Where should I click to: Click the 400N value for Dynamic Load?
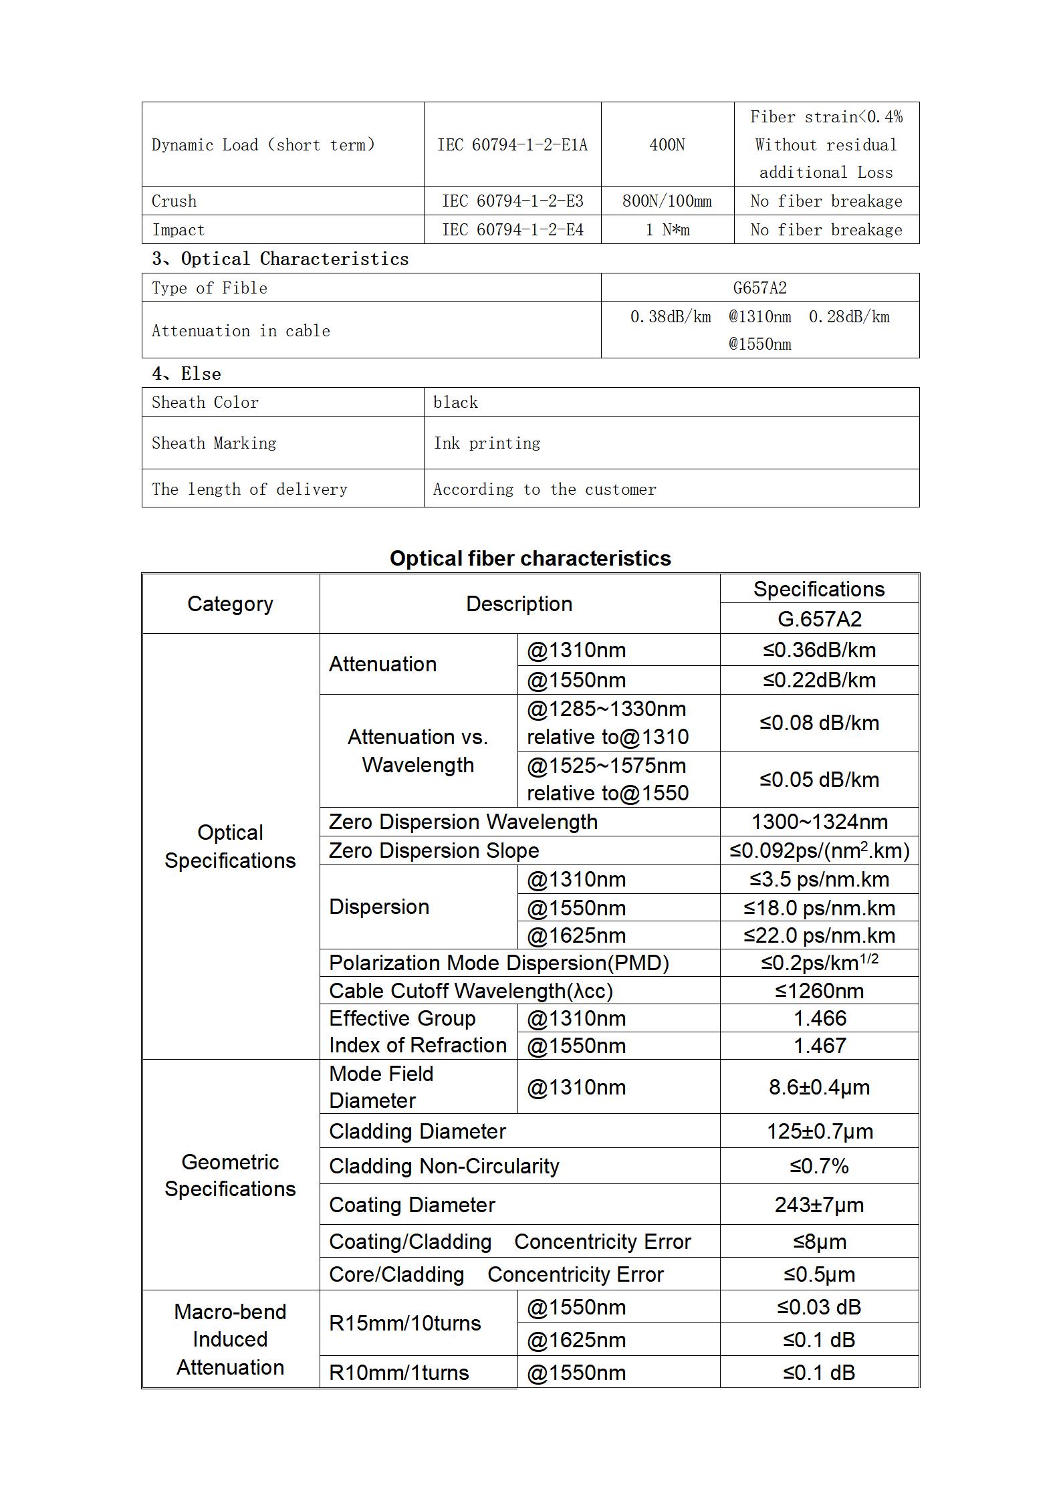pos(667,145)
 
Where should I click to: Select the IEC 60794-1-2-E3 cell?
pos(512,201)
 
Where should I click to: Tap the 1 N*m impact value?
pos(667,230)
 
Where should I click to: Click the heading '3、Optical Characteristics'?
pos(280,259)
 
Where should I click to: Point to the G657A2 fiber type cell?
pos(759,288)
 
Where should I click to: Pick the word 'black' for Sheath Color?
pos(455,402)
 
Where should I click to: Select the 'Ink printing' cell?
pos(487,443)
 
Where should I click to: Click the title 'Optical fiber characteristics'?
pos(530,558)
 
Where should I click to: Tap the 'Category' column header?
pos(230,604)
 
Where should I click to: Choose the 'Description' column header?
pos(519,604)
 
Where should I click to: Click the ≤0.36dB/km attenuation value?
pos(819,650)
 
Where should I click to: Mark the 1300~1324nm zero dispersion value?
pos(819,822)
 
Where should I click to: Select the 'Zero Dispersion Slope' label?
pos(434,850)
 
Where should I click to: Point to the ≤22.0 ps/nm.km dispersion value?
pos(819,935)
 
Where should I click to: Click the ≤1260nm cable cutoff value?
pos(819,991)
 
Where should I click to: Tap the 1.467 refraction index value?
pos(819,1046)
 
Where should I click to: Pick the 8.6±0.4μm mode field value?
pos(819,1087)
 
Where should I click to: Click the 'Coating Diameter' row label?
pos(412,1205)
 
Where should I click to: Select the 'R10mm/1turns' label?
pos(399,1373)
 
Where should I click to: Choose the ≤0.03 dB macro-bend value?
pos(819,1307)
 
